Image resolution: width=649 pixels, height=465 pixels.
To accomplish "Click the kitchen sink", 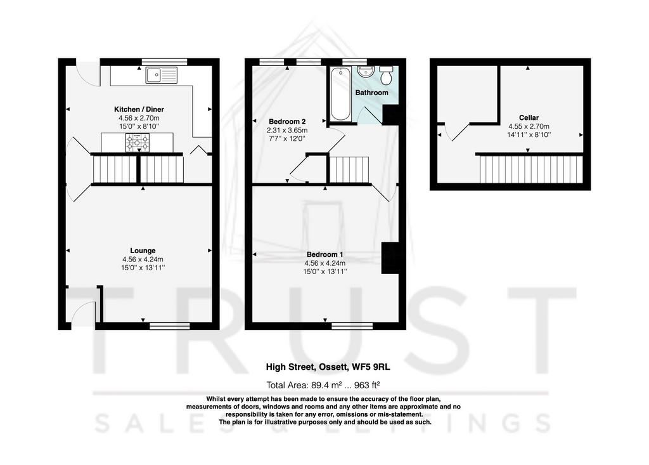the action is pos(162,75).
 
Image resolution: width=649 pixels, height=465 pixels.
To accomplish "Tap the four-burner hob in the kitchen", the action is pos(138,143).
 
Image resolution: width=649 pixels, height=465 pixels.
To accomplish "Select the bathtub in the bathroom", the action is pos(340,94).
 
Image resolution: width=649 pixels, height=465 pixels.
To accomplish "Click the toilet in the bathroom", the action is pos(387,75).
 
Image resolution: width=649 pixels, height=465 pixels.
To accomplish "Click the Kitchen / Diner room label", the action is pos(139,109).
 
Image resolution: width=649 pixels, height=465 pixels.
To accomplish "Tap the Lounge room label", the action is pos(143,251).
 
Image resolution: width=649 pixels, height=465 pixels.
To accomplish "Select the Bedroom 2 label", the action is pos(287,121).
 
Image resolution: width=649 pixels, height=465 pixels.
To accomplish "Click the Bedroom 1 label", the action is pos(325,254).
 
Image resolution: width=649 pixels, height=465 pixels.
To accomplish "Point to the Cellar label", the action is pos(529,118).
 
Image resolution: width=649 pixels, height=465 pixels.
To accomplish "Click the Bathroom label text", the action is pos(371,93).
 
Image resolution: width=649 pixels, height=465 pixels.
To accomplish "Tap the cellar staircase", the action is pos(531,169).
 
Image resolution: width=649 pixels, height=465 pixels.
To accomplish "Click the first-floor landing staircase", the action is pos(349,169).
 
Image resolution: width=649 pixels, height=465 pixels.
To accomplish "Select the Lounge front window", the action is pos(170,327).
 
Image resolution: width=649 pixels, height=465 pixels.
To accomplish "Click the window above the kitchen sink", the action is pos(164,62).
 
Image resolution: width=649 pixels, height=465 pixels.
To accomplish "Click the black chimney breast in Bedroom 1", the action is pos(390,258).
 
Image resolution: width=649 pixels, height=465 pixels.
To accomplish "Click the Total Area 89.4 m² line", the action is pos(323,385).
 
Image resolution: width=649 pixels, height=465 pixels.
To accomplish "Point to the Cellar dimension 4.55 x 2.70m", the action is pos(529,126).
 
